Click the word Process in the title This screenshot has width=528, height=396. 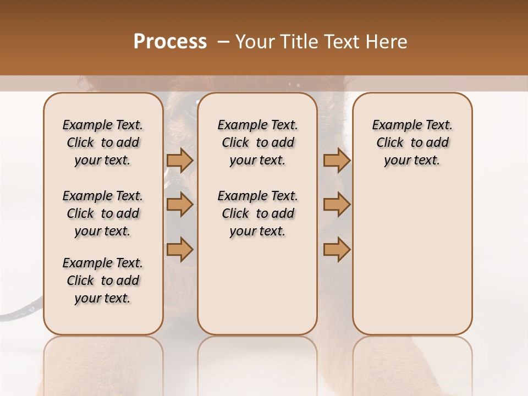[170, 42]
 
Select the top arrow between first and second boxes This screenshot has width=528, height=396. [180, 161]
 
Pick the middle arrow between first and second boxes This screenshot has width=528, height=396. [180, 205]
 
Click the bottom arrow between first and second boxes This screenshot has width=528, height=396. [180, 249]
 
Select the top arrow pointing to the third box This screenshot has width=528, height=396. [337, 161]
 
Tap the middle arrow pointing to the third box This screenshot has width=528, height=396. [337, 205]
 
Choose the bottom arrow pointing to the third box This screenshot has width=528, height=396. [337, 249]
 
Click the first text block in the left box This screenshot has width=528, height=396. [103, 142]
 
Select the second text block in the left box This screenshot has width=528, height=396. [103, 213]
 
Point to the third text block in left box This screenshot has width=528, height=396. [103, 280]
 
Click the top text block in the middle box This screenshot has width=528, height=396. [257, 142]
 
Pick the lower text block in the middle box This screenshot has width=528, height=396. [257, 213]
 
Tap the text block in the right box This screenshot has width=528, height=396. [412, 142]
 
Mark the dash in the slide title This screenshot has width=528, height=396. [223, 42]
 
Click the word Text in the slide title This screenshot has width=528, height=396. [339, 42]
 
